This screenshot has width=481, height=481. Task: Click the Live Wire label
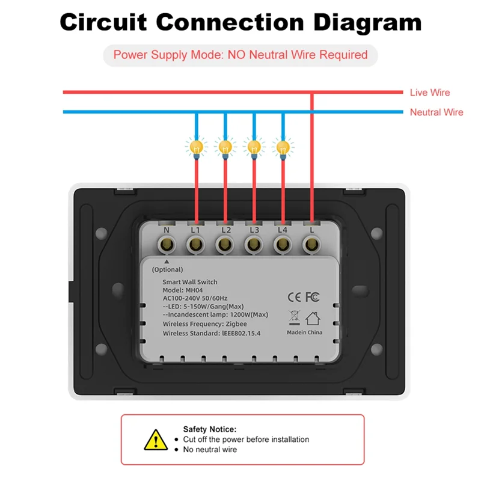pyautogui.click(x=429, y=93)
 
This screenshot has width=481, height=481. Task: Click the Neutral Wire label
pyautogui.click(x=437, y=112)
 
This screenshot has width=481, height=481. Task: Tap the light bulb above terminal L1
pyautogui.click(x=195, y=146)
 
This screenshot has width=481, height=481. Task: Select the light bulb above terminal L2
pyautogui.click(x=225, y=146)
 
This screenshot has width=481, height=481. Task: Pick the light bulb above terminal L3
pyautogui.click(x=254, y=146)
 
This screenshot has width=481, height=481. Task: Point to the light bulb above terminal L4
pyautogui.click(x=283, y=146)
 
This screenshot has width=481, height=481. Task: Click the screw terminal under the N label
pyautogui.click(x=167, y=244)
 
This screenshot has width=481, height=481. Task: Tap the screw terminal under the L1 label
pyautogui.click(x=195, y=244)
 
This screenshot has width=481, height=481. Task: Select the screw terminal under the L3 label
pyautogui.click(x=253, y=244)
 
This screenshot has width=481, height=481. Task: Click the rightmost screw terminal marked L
pyautogui.click(x=311, y=244)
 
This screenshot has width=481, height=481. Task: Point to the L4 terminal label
pyautogui.click(x=283, y=230)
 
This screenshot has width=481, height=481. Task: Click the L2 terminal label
pyautogui.click(x=225, y=230)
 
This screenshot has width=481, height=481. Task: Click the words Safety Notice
pyautogui.click(x=210, y=429)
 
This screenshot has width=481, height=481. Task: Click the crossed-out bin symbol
pyautogui.click(x=295, y=317)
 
